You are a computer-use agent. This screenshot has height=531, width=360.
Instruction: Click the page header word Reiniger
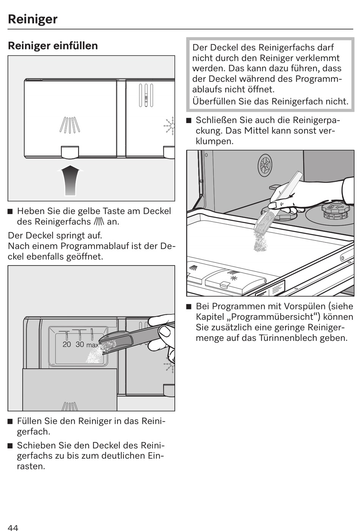tap(33, 19)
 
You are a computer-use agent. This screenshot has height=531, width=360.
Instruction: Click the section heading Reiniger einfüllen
tap(53, 46)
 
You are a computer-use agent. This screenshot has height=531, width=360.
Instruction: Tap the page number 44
tap(13, 528)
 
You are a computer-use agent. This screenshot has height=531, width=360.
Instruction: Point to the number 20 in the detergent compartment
tap(67, 344)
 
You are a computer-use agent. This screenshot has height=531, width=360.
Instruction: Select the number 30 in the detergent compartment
tap(80, 344)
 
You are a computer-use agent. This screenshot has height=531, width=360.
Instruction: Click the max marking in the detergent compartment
tap(92, 345)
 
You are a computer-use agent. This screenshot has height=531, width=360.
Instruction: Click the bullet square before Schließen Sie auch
tap(189, 121)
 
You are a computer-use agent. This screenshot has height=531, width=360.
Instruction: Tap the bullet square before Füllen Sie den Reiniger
tap(11, 422)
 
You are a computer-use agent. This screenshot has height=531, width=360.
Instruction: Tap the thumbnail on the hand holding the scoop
tap(165, 331)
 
